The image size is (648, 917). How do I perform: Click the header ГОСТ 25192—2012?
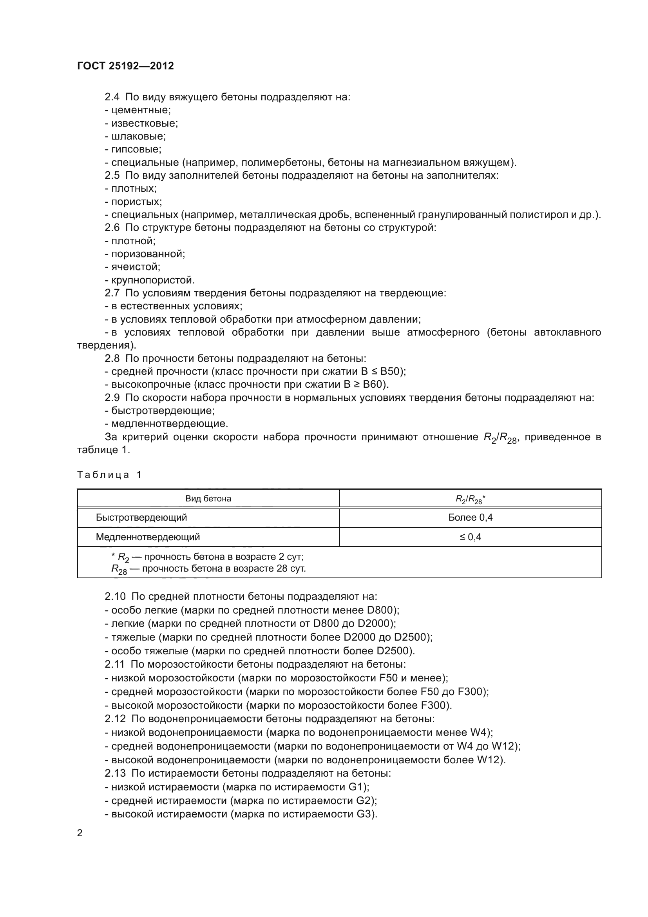tap(125, 66)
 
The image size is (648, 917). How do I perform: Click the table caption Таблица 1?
tap(109, 475)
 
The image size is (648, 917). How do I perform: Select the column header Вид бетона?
tap(208, 499)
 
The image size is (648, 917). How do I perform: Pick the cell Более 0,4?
tap(470, 518)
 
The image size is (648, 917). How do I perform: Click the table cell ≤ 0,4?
tap(470, 537)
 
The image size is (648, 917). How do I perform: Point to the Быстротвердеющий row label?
tap(141, 518)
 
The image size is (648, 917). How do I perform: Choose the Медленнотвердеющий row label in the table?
tap(148, 537)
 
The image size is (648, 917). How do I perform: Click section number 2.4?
tap(112, 97)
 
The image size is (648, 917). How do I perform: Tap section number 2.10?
tap(115, 597)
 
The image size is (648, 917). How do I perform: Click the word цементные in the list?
tap(141, 110)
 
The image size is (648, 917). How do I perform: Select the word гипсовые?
tap(136, 149)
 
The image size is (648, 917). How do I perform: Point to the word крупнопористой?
tap(152, 280)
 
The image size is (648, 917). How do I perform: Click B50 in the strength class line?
tap(391, 371)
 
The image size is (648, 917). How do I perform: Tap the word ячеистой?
tap(135, 267)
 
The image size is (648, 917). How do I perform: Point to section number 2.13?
tap(115, 774)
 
